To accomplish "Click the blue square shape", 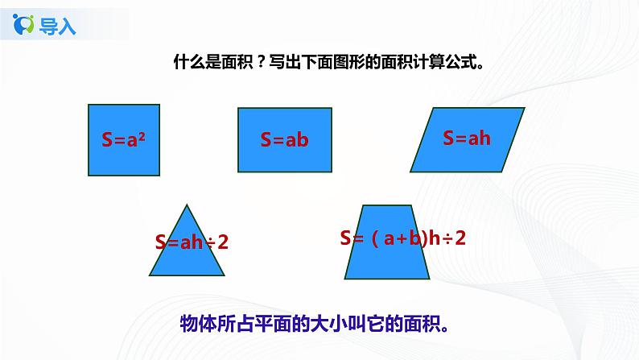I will tap(123, 139).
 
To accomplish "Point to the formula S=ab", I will tap(284, 139).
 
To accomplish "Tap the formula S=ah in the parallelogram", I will tap(467, 138).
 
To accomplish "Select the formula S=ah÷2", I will tap(192, 241).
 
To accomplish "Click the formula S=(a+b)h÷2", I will tap(403, 238).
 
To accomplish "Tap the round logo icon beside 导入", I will tap(26, 26).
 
